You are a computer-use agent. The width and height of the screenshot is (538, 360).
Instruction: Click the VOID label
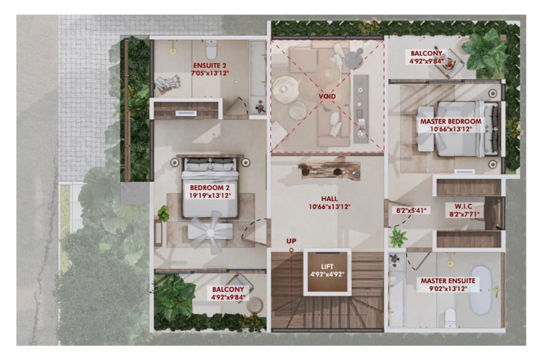327,96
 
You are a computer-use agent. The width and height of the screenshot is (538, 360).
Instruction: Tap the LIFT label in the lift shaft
327,267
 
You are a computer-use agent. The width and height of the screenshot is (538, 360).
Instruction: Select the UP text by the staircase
291,241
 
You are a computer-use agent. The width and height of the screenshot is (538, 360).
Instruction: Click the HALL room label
329,199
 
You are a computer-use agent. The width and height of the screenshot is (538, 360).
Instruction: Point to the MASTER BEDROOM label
451,121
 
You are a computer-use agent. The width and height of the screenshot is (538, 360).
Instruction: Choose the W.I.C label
463,206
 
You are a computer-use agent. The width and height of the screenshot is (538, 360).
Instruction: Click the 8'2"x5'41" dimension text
411,211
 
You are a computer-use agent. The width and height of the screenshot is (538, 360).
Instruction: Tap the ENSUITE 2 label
210,65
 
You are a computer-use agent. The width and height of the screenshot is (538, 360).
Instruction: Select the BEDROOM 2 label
210,188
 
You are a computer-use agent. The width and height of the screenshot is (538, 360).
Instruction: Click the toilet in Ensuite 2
211,50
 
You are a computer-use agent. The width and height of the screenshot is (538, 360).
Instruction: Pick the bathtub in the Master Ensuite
481,290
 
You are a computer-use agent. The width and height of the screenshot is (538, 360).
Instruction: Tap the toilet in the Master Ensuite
451,318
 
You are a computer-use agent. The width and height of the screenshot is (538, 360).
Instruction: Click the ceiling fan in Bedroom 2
210,233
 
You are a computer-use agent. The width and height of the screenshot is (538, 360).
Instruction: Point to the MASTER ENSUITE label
448,281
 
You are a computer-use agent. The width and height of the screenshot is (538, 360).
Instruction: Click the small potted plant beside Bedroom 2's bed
163,213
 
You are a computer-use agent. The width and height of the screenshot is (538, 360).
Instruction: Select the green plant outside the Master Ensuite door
398,237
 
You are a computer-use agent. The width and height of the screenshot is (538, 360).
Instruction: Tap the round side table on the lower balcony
255,305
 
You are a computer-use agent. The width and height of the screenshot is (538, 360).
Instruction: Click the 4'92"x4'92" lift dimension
327,274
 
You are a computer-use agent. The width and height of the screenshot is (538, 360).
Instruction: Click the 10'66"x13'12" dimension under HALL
329,206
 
